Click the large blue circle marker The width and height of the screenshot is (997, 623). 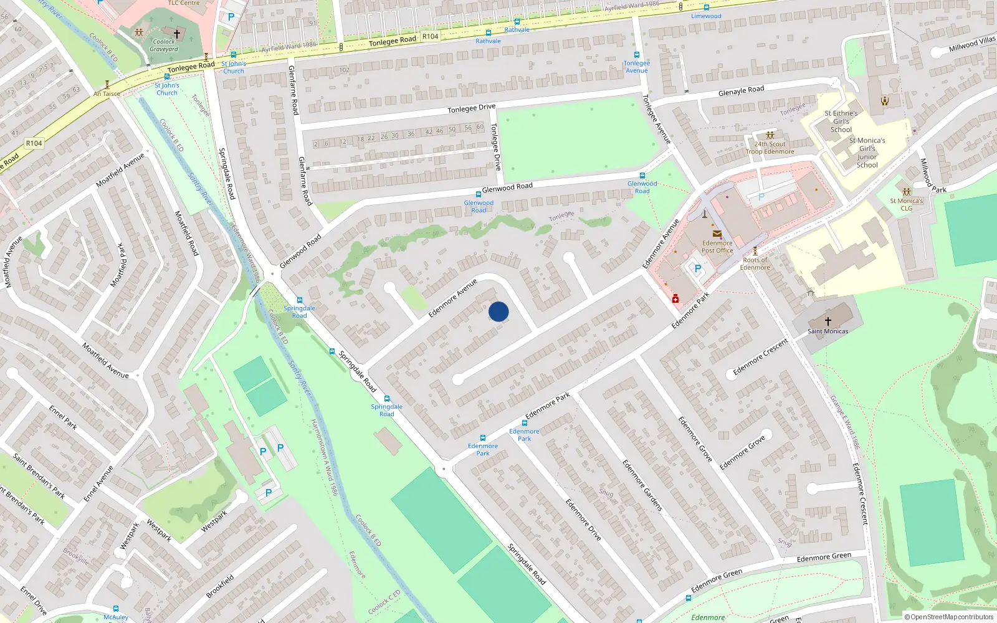499,311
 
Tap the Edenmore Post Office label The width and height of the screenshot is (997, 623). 717,247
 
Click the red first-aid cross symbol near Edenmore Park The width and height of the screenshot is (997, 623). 675,300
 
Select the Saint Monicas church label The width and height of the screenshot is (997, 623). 828,331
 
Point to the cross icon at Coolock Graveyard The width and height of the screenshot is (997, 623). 177,34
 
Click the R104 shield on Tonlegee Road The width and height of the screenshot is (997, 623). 430,36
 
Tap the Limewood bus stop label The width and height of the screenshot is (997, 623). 706,16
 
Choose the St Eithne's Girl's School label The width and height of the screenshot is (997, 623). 841,121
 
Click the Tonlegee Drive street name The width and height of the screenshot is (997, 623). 471,108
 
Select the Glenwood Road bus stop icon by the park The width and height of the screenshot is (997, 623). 642,176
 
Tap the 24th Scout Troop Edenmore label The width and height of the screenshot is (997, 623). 770,148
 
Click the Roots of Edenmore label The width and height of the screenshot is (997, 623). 755,264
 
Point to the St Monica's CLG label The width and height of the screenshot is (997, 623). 906,204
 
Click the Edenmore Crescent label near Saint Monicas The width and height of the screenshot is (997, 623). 760,357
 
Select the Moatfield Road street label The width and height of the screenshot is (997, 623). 186,233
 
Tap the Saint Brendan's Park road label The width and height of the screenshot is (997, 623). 39,477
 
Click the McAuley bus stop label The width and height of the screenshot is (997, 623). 116,617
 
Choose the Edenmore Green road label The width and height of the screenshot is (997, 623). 824,557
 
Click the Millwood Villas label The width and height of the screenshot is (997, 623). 971,44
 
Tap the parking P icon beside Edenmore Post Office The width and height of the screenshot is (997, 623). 698,269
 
